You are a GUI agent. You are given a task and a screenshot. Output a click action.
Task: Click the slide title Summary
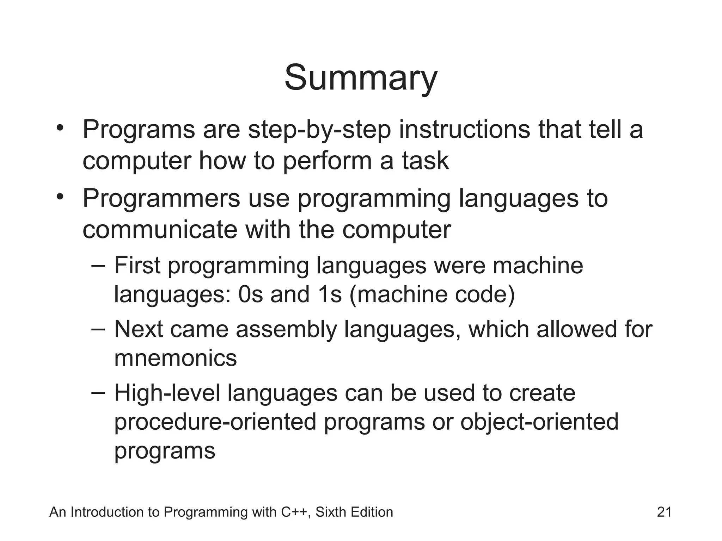point(361,78)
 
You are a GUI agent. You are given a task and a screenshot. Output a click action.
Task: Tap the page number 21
point(665,512)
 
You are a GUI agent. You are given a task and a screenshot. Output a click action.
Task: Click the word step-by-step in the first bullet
point(319,130)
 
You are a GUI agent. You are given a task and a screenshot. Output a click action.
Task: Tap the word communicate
point(160,229)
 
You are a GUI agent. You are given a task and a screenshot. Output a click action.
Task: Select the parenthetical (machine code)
point(432,294)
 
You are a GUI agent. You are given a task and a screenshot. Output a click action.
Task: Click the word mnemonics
point(176,358)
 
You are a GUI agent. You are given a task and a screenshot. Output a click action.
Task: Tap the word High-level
point(167,393)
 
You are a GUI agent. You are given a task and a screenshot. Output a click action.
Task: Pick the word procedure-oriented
point(215,422)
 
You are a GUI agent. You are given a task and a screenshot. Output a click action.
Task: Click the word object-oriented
point(539,422)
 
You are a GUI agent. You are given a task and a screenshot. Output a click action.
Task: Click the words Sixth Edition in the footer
point(354,512)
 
